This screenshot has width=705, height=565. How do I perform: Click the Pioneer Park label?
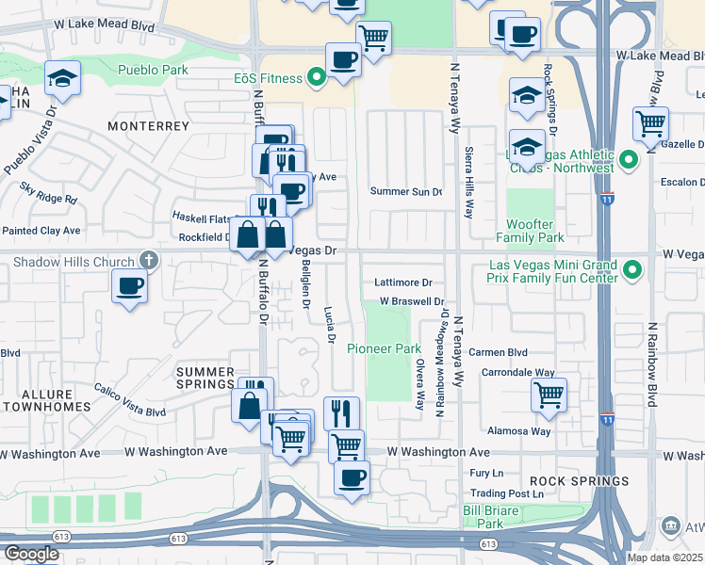(384, 348)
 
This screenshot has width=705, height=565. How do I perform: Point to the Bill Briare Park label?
(489, 516)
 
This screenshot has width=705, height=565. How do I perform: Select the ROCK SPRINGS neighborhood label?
(585, 480)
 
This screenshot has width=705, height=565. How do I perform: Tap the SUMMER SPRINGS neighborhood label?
(205, 378)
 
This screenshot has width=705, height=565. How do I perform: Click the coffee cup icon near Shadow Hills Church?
(129, 284)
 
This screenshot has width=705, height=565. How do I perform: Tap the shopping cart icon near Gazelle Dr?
(650, 122)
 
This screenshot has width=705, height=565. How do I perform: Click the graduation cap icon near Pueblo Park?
(62, 78)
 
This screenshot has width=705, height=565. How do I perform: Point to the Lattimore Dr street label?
(402, 282)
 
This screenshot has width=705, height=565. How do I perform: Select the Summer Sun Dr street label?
(406, 191)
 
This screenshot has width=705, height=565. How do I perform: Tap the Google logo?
(31, 553)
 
